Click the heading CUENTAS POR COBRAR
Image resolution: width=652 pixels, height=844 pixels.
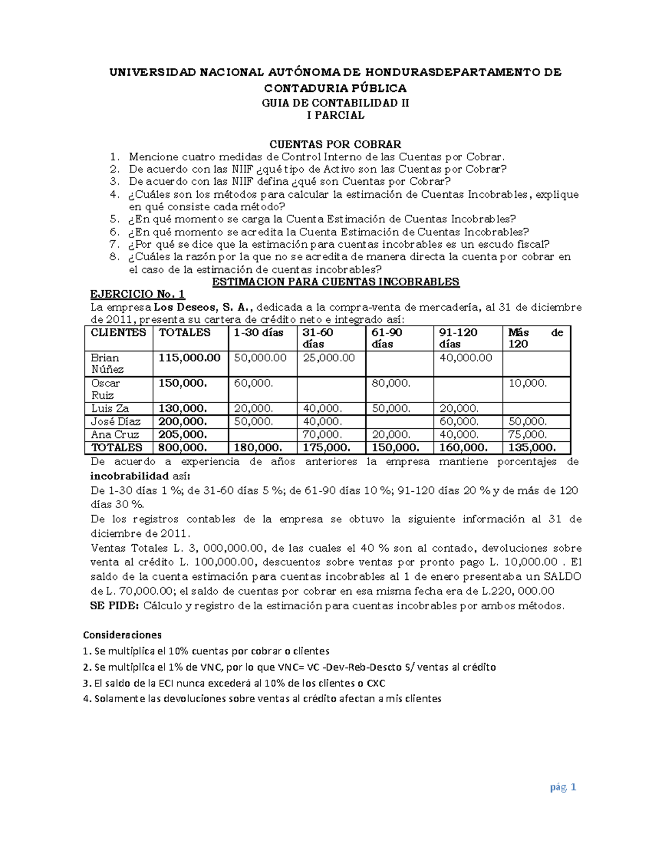336,144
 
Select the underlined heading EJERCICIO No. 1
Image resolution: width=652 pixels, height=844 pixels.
137,294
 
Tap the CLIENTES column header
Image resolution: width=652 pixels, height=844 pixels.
118,333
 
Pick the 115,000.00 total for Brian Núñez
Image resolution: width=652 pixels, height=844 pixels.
190,358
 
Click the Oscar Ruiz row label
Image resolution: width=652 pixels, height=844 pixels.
106,389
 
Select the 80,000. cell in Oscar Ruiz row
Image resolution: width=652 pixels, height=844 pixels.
391,383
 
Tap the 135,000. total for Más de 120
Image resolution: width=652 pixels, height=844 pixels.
532,447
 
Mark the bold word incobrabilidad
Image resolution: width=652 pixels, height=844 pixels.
129,476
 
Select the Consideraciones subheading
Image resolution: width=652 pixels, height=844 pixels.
122,635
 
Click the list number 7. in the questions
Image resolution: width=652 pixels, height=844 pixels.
114,244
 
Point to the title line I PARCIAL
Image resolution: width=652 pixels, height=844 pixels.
336,115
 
